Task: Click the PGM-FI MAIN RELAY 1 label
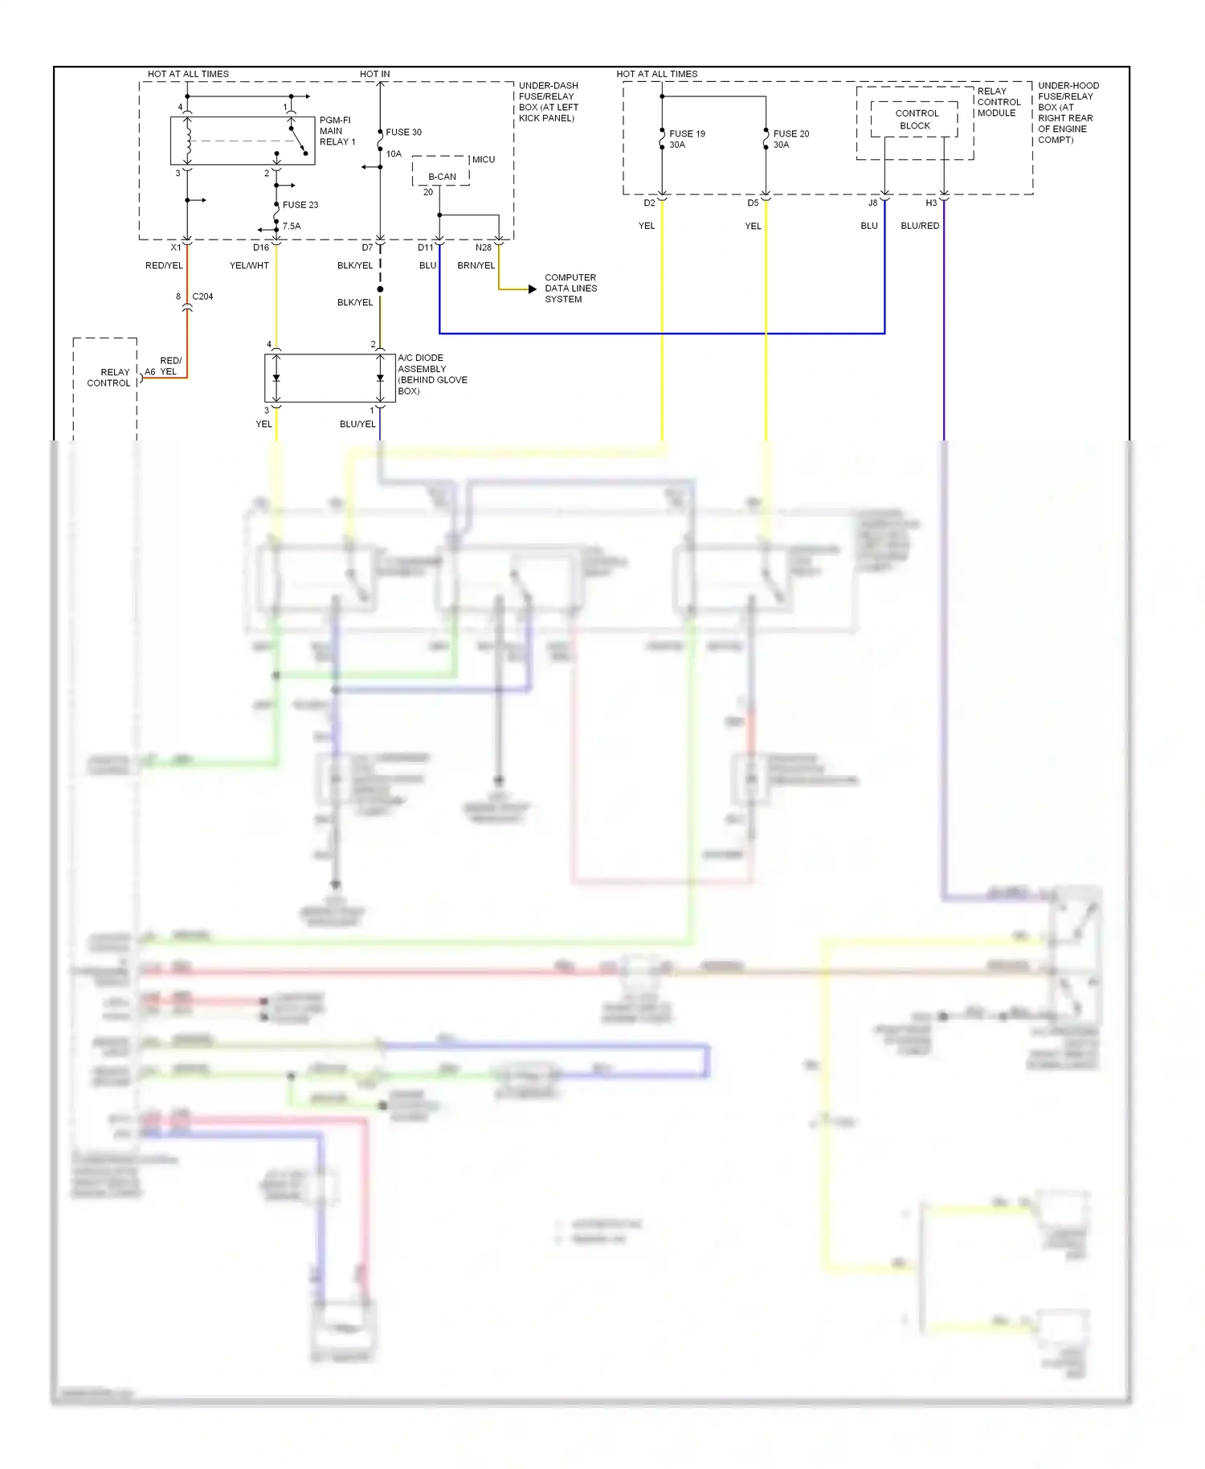coord(337,131)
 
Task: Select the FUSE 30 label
coord(403,133)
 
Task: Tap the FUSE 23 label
coord(300,205)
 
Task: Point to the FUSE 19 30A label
coord(686,139)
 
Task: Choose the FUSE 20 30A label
coord(790,139)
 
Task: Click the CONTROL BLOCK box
coord(914,120)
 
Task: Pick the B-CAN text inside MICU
coord(442,177)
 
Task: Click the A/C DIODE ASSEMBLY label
coord(431,374)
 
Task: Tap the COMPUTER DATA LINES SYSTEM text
coord(570,288)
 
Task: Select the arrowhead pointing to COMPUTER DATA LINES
coord(532,289)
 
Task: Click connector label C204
coord(202,297)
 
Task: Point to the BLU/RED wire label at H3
coord(920,226)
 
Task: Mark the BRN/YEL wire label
coord(476,265)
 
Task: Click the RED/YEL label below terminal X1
coord(164,265)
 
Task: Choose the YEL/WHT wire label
coord(249,265)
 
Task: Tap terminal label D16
coord(261,248)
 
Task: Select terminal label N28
coord(483,248)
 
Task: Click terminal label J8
coord(872,203)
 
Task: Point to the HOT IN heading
coord(374,74)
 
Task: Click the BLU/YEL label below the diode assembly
coord(357,424)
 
